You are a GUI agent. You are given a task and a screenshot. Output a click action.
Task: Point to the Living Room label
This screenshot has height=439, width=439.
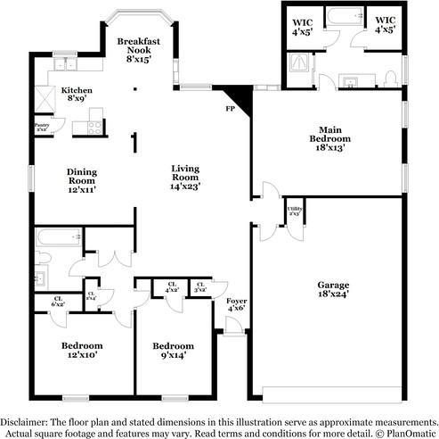point(185,177)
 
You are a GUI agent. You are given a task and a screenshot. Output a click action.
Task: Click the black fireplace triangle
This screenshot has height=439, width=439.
point(239,95)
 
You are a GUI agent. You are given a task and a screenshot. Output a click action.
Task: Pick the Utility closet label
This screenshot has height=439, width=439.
point(292,211)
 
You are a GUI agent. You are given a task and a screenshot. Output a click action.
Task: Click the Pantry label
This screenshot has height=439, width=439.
point(41,128)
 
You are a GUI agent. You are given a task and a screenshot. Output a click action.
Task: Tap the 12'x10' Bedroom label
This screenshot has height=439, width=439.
point(82,350)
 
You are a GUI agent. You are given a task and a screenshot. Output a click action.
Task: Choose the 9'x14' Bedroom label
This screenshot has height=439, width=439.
point(173,350)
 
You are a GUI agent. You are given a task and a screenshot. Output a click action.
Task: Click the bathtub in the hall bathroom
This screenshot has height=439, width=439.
point(53,238)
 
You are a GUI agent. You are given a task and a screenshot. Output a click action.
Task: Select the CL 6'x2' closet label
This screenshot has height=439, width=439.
point(59,301)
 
